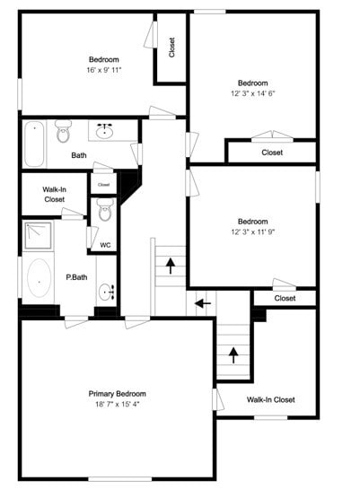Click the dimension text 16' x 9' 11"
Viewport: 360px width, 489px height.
coord(103,69)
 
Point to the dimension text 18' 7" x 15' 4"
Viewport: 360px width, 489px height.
coord(117,405)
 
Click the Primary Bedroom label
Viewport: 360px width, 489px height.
coord(117,393)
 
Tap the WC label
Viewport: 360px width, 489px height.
coord(105,245)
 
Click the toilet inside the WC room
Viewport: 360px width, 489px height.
coord(105,213)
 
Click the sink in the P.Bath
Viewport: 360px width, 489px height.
coord(107,292)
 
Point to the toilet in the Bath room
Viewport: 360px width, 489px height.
coord(63,133)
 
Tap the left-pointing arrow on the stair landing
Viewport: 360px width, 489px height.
coord(204,302)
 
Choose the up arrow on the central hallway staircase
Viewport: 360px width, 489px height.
coord(169,266)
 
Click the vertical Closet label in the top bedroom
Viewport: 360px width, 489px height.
coord(172,48)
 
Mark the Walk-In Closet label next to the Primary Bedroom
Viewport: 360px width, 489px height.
coord(271,399)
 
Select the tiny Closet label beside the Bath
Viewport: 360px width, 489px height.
coord(103,184)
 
